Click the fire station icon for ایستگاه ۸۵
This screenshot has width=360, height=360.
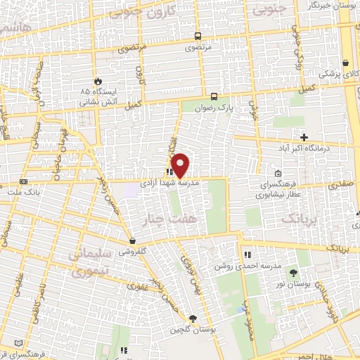click(x=97, y=81)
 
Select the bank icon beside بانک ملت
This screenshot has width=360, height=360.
click(x=25, y=181)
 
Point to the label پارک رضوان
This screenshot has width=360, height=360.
click(x=214, y=109)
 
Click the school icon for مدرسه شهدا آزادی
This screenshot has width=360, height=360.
click(x=169, y=172)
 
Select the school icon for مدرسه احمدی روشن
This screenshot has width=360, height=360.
click(x=247, y=255)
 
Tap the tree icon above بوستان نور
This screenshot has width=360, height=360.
click(x=293, y=272)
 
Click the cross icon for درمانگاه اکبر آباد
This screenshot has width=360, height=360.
click(x=304, y=136)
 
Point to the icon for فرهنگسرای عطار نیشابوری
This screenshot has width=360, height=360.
click(x=278, y=174)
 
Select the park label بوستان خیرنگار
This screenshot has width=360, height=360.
click(x=333, y=5)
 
